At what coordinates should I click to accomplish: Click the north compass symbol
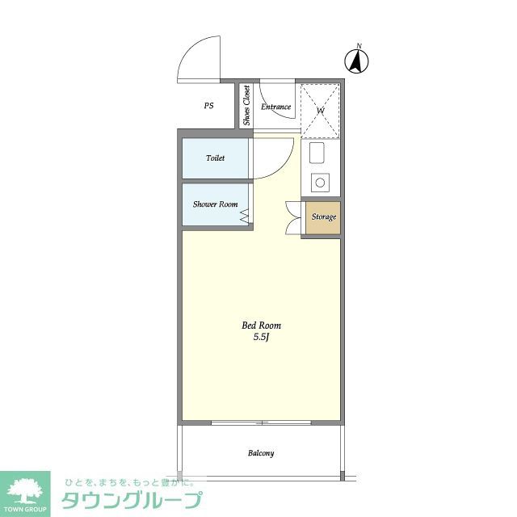pos(357,60)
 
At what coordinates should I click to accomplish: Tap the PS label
pos(208,106)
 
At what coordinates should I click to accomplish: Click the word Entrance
pos(275,106)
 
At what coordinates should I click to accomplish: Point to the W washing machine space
pos(321,110)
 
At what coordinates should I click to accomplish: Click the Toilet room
pos(215,158)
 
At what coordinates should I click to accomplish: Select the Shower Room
pos(215,204)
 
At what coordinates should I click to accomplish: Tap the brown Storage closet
pos(324,216)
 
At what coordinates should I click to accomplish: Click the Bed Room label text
pos(261,326)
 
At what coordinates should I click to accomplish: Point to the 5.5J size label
pos(260,337)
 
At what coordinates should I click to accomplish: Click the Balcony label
pos(260,453)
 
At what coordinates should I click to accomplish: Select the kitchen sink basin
pos(317,153)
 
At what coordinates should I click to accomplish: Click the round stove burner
pos(320,183)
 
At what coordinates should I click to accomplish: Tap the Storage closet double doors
pos(292,216)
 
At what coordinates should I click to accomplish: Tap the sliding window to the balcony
pos(261,422)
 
